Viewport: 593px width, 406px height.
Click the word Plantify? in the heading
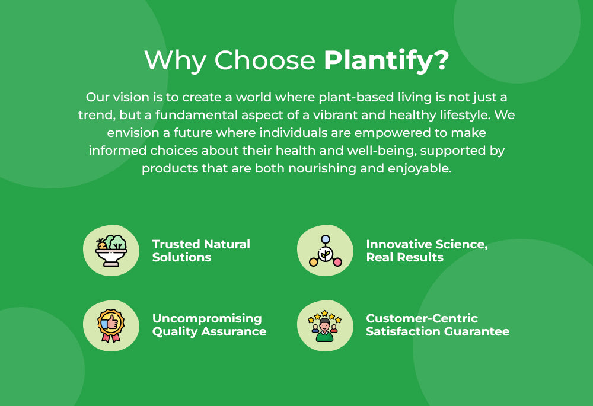pos(387,60)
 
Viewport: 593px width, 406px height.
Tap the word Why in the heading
pos(175,60)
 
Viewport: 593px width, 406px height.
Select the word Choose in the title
pos(264,60)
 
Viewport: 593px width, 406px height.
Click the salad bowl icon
pos(111,250)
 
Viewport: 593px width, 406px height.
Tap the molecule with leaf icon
pos(325,250)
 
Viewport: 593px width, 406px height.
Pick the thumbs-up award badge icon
pos(111,326)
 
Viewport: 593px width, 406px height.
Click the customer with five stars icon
pos(325,326)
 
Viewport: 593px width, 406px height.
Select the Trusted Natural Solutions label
pos(201,251)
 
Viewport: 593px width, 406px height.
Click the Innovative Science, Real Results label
pos(427,251)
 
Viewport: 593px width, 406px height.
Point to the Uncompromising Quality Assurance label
pos(209,325)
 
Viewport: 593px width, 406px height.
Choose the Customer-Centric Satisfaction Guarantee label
pos(438,325)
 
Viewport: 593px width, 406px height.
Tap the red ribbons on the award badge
pos(111,337)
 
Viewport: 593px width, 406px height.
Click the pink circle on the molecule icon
pos(337,261)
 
